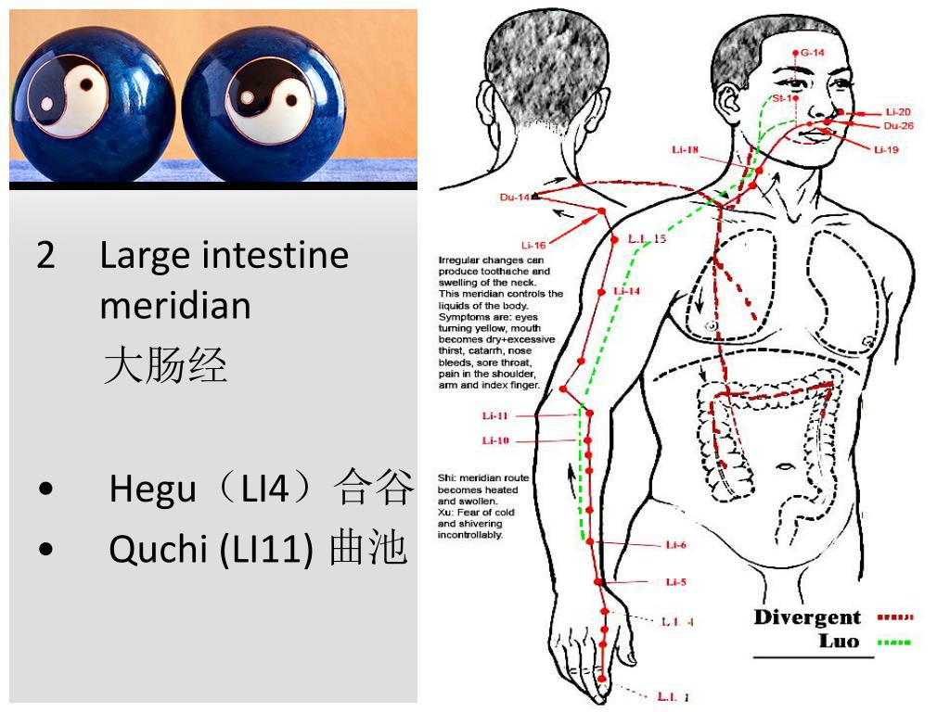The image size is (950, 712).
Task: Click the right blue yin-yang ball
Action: [263, 103]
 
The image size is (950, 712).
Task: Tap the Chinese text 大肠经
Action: [165, 364]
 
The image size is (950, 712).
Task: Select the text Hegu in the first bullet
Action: [152, 489]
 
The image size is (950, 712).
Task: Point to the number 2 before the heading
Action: [46, 254]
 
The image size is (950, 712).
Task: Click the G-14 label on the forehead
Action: [812, 53]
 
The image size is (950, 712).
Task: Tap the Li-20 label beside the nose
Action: [897, 112]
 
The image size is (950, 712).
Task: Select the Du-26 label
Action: [898, 126]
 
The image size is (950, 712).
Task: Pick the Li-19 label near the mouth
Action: [886, 149]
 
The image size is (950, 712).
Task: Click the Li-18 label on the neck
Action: [686, 149]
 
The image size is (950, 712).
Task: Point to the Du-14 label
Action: [514, 197]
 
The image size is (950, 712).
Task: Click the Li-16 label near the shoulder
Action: [533, 246]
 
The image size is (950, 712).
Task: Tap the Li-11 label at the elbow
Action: [495, 415]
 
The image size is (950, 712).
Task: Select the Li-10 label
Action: [495, 440]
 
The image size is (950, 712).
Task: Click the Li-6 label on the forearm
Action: [675, 545]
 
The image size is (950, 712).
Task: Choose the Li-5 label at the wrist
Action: [675, 582]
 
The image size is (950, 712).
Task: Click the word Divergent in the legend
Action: [807, 617]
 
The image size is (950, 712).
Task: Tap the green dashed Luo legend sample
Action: [894, 642]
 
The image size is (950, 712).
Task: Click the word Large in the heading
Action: [145, 254]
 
